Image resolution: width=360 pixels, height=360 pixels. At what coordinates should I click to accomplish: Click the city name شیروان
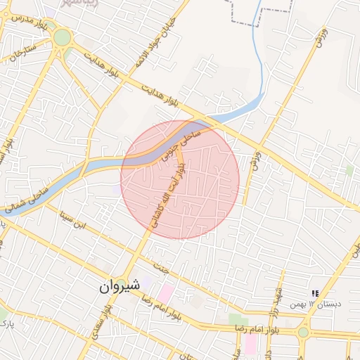[x=120, y=286]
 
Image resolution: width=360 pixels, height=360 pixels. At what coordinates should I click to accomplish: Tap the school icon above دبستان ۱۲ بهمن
[x=316, y=293]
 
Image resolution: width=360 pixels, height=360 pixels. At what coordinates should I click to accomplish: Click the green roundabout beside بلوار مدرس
[x=62, y=37]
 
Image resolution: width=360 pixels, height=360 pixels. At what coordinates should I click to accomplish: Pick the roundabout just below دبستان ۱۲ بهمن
[x=304, y=331]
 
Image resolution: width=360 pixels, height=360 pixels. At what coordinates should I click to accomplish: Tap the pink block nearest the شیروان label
[x=166, y=291]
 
